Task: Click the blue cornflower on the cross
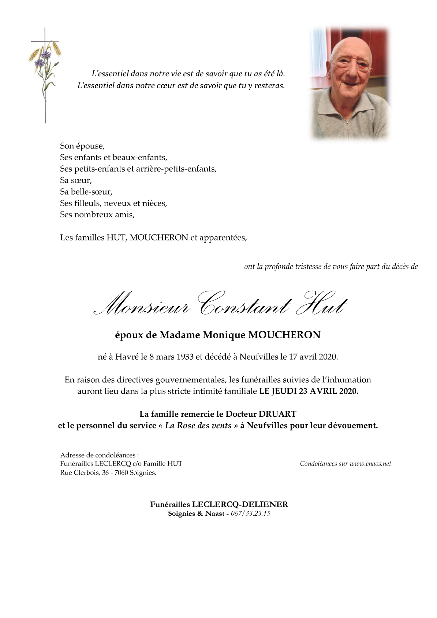45,55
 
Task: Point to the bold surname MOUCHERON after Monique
284,335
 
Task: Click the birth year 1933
185,357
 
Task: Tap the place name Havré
127,357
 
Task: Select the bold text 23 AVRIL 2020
328,391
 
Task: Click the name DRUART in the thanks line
277,414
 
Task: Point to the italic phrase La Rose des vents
198,426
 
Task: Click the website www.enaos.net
370,464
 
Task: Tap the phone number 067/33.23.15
250,514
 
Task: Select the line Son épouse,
82,146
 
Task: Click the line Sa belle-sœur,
86,192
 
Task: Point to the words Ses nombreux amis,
97,215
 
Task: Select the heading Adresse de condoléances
99,455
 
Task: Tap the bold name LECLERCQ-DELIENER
240,504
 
